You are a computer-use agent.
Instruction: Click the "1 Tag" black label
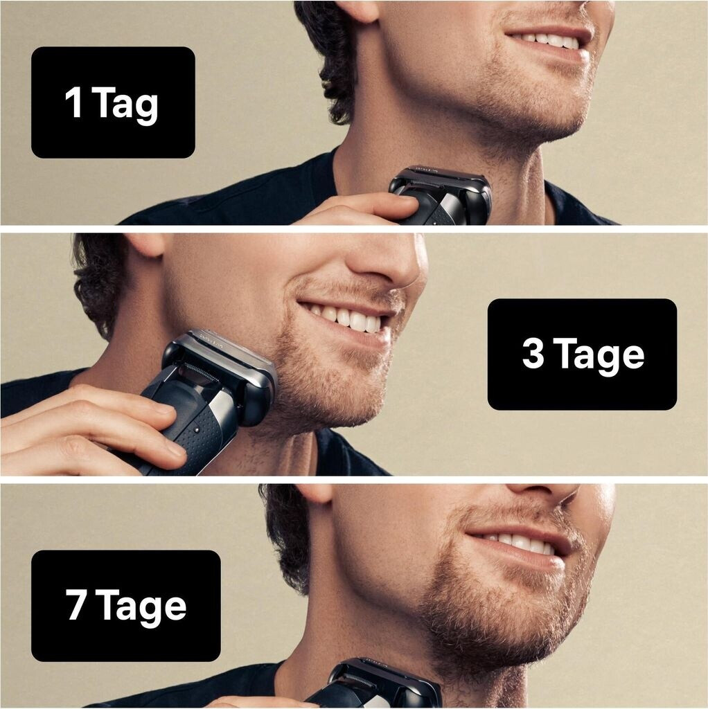tap(113, 102)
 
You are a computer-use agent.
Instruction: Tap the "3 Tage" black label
tap(582, 354)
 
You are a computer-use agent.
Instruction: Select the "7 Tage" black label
tap(126, 605)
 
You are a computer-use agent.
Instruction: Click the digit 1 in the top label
tap(73, 102)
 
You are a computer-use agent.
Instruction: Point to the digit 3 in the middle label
tap(533, 353)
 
